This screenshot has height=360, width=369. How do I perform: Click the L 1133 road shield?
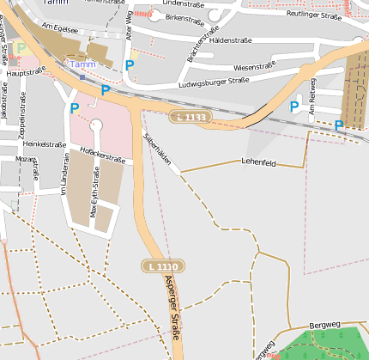point(190,116)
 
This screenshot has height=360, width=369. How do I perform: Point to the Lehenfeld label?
point(258,162)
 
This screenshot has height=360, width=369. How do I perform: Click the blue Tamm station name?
point(82,64)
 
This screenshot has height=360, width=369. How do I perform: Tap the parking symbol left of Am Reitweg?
point(294,107)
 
